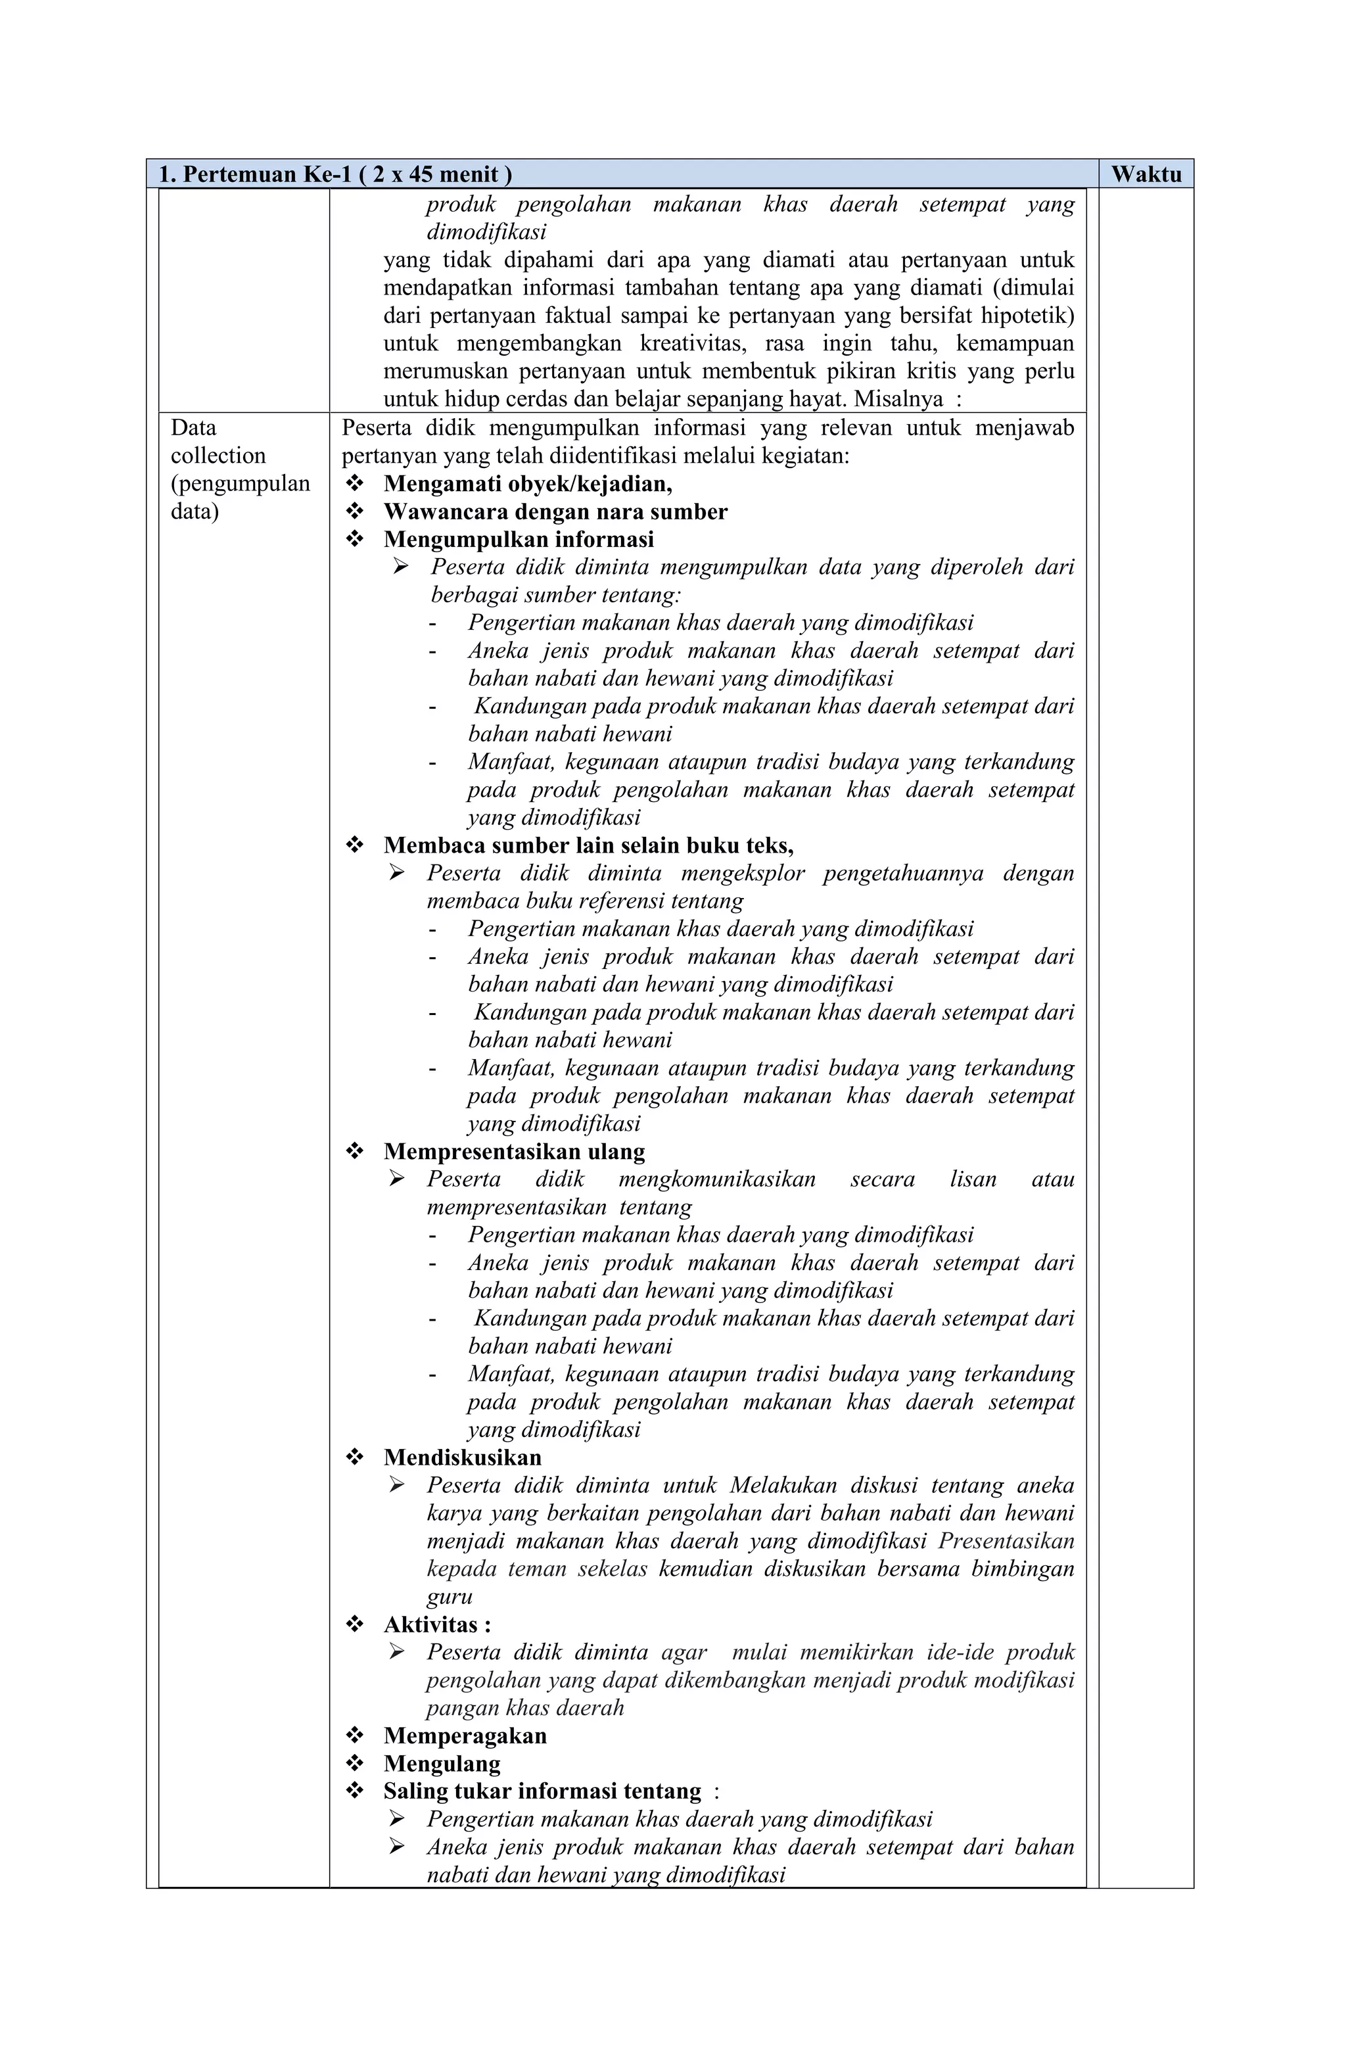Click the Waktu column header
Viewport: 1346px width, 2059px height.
(1146, 174)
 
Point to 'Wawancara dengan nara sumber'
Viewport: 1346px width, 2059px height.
(555, 511)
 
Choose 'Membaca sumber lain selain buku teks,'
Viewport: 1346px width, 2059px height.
(588, 844)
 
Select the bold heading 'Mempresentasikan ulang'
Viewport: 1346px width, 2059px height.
(514, 1150)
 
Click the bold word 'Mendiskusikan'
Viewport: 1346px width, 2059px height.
(462, 1457)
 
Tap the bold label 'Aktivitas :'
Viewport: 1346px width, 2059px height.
(437, 1624)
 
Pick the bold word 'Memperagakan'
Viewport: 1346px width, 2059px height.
(465, 1736)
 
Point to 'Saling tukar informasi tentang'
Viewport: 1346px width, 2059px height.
(542, 1791)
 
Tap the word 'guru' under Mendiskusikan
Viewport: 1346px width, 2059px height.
(449, 1596)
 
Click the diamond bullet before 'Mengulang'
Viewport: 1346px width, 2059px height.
(354, 1763)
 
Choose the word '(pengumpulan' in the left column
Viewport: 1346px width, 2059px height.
(240, 483)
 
